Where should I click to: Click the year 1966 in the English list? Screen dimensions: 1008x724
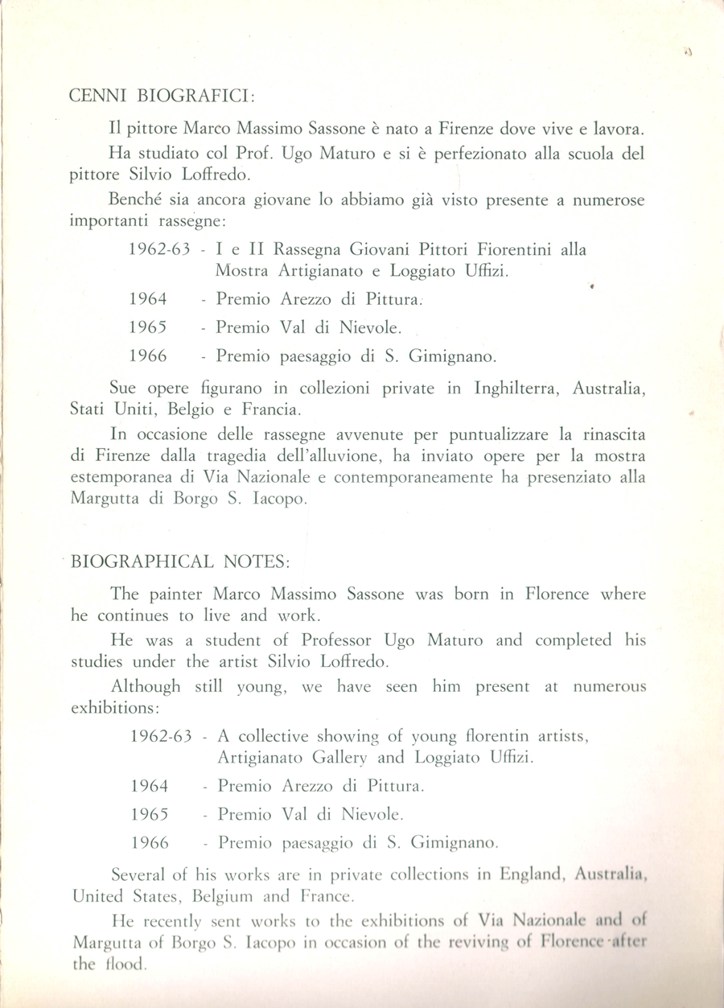[149, 844]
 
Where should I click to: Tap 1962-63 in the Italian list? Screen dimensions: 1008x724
[158, 250]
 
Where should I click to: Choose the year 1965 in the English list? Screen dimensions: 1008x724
[149, 813]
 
